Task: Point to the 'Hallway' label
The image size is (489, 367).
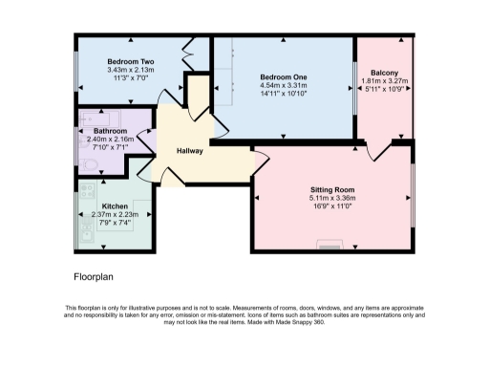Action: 190,152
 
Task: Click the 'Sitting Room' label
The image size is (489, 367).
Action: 332,190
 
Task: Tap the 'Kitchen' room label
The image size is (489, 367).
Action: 115,205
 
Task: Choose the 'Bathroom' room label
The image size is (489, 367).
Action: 111,130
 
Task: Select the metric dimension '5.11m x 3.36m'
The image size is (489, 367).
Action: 332,199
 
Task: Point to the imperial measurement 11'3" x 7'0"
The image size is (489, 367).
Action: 133,79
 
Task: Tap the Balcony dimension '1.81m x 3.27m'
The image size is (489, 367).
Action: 389,82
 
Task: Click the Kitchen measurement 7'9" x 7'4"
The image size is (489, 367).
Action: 115,223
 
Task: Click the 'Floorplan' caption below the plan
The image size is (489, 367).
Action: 96,277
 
